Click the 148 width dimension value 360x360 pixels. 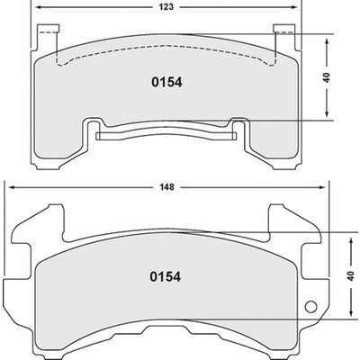169,189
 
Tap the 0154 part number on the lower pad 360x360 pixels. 166,277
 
